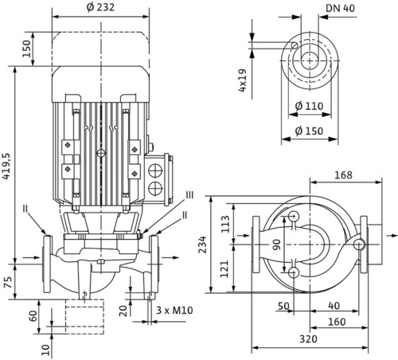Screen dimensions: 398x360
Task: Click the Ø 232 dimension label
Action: coord(100,7)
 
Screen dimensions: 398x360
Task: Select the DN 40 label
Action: coord(340,8)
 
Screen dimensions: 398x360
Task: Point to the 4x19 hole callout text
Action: coord(242,80)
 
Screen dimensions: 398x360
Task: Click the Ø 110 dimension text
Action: coord(309,106)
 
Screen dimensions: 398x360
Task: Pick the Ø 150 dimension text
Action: coord(309,131)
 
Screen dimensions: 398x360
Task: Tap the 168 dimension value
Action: coord(343,175)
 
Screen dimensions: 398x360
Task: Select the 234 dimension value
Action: coord(203,245)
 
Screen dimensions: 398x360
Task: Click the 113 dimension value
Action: coord(225,224)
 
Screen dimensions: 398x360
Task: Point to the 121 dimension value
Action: coord(224,269)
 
